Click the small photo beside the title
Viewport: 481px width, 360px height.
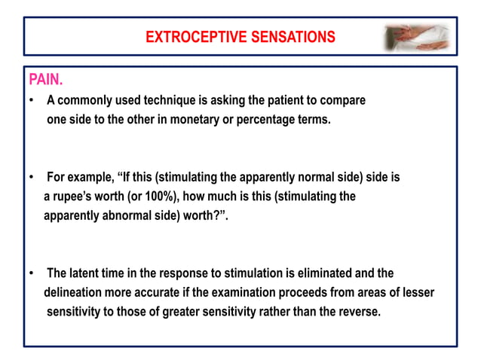click(x=417, y=37)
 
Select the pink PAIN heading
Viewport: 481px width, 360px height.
click(x=45, y=80)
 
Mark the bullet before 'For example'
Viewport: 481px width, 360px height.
click(x=31, y=178)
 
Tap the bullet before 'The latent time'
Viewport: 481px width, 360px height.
click(x=31, y=273)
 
